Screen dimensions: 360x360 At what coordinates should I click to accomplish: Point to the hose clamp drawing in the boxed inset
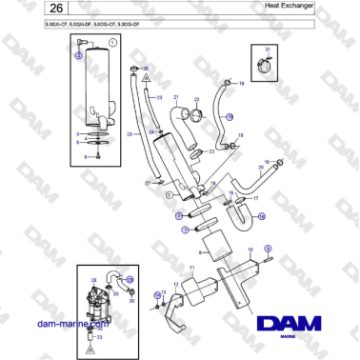coord(267,67)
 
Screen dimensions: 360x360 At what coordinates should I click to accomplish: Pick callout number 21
coord(176,96)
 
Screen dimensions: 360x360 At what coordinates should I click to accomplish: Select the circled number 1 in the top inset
coord(112,44)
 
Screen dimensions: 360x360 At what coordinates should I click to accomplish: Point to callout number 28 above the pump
coord(94,279)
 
